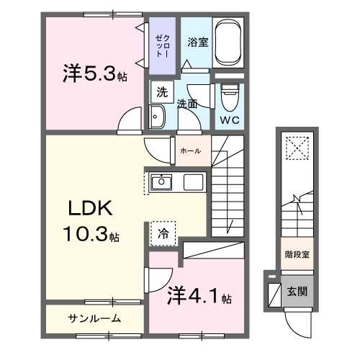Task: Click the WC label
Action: pos(229,119)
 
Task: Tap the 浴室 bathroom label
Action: pos(198,42)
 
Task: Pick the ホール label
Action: pos(190,150)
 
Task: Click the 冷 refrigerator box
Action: pos(163,233)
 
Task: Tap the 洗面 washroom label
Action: pos(187,103)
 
